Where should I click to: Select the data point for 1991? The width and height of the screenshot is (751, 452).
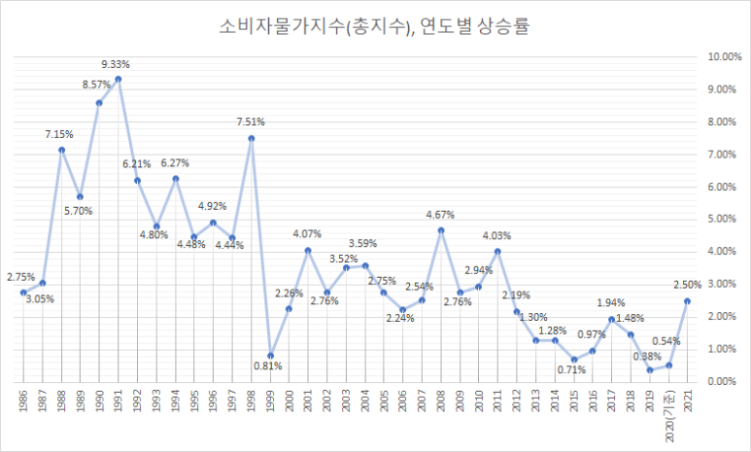[x=118, y=79]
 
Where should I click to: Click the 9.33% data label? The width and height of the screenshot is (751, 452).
[x=116, y=64]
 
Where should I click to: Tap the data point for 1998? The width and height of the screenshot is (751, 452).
[x=251, y=138]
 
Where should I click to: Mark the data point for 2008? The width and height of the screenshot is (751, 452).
[x=441, y=230]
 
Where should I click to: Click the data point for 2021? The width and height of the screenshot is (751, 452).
[x=689, y=300]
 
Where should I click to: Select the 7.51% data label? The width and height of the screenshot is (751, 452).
[x=250, y=122]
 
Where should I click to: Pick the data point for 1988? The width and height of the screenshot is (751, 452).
[x=61, y=150]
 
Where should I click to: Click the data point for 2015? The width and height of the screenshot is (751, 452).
[x=574, y=359]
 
